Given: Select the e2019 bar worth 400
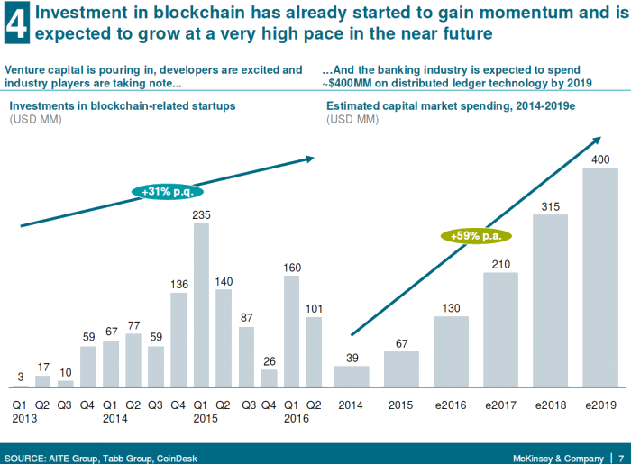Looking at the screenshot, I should click(x=599, y=277).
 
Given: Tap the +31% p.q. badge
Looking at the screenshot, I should click(x=169, y=190).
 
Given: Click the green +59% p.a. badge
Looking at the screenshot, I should click(x=476, y=236).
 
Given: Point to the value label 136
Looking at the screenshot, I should click(x=178, y=285).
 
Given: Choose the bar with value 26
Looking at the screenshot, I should click(x=269, y=378).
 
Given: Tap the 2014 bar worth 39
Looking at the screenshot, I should click(x=351, y=376).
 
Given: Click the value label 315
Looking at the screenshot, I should click(x=550, y=206).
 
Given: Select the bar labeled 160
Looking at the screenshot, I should click(x=291, y=331).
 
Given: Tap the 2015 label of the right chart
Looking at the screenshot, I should click(x=400, y=405).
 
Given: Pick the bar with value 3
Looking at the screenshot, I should click(x=21, y=385).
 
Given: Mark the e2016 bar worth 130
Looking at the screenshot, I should click(x=450, y=350).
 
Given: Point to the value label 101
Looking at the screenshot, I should click(x=314, y=308).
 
